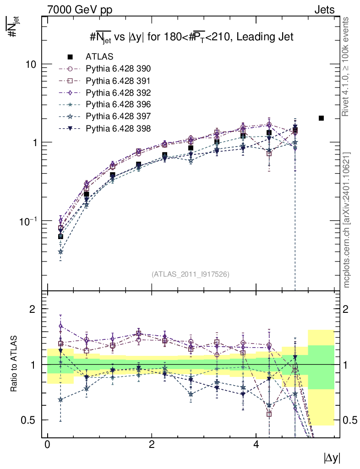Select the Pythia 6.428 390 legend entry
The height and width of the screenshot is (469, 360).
[x=118, y=69]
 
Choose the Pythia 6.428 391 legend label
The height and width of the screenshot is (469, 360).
[x=118, y=81]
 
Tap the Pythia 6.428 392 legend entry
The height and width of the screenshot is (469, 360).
[x=118, y=93]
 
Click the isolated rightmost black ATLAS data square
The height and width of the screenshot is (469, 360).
[x=321, y=118]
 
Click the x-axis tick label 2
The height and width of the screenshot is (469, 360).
[x=152, y=445]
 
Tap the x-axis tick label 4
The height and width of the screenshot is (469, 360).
[x=256, y=445]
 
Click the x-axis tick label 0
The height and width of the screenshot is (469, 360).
[x=47, y=445]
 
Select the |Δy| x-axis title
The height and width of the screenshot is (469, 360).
[x=331, y=458]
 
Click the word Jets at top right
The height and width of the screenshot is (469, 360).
[x=324, y=9]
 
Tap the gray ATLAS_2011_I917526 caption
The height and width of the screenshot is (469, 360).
[x=190, y=274]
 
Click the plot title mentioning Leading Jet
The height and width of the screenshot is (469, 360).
[x=191, y=37]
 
